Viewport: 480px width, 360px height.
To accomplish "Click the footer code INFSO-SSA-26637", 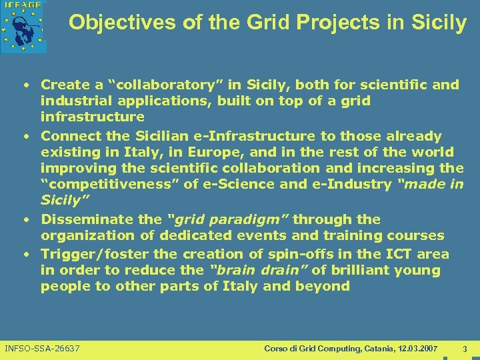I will click(x=42, y=349).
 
